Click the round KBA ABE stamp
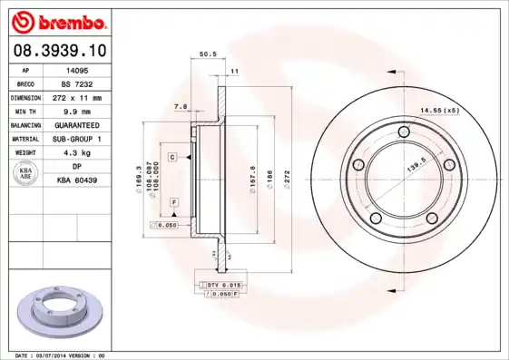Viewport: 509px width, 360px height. click(26, 174)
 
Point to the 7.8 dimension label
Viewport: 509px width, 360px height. click(180, 107)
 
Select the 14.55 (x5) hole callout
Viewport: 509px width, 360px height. click(438, 111)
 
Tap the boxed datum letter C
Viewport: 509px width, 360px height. click(171, 157)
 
